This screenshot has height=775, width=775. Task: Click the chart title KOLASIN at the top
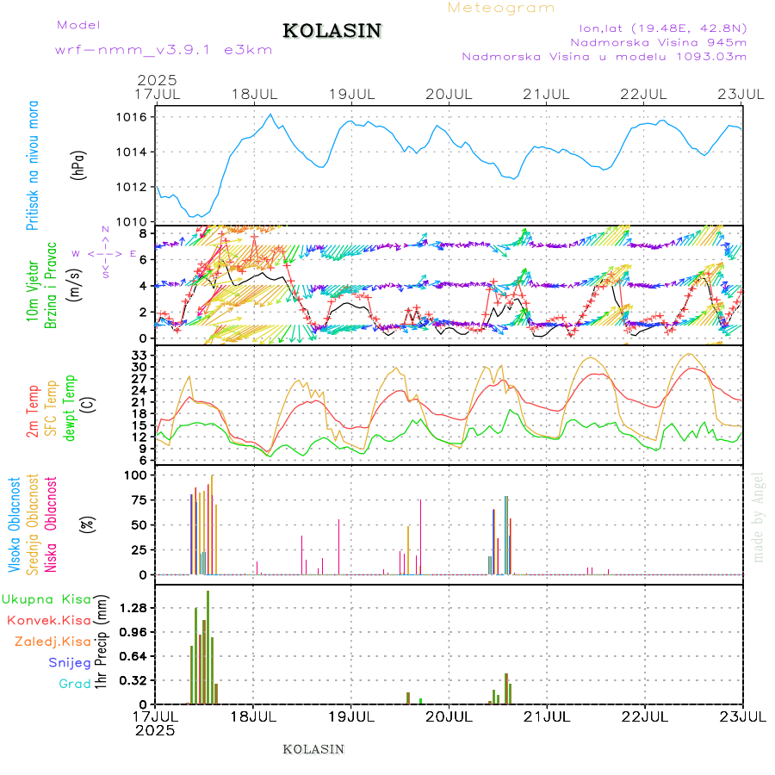332,31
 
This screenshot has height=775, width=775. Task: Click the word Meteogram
501,8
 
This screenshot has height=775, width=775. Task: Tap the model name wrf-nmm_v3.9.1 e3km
164,49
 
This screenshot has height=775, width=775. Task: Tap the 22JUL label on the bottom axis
646,716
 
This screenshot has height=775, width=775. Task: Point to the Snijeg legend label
70,662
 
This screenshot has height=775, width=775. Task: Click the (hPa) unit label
78,164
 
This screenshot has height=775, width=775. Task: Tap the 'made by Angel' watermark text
758,517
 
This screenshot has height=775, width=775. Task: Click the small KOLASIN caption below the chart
313,749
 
